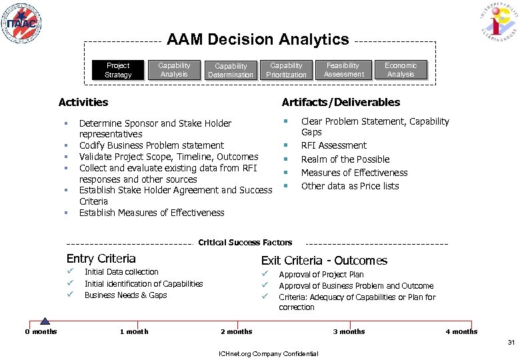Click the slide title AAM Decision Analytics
[257, 39]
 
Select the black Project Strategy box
[118, 70]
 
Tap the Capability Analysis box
[174, 70]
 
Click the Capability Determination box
[231, 71]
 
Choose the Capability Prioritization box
[286, 70]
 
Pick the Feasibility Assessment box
[343, 70]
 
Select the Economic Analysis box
[401, 70]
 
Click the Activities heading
[83, 102]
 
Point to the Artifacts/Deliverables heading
[341, 102]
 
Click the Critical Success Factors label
[245, 243]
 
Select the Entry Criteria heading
[101, 259]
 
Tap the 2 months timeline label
[237, 331]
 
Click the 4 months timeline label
[461, 331]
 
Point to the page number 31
[511, 343]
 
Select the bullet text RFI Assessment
[333, 145]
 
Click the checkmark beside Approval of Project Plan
[265, 274]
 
